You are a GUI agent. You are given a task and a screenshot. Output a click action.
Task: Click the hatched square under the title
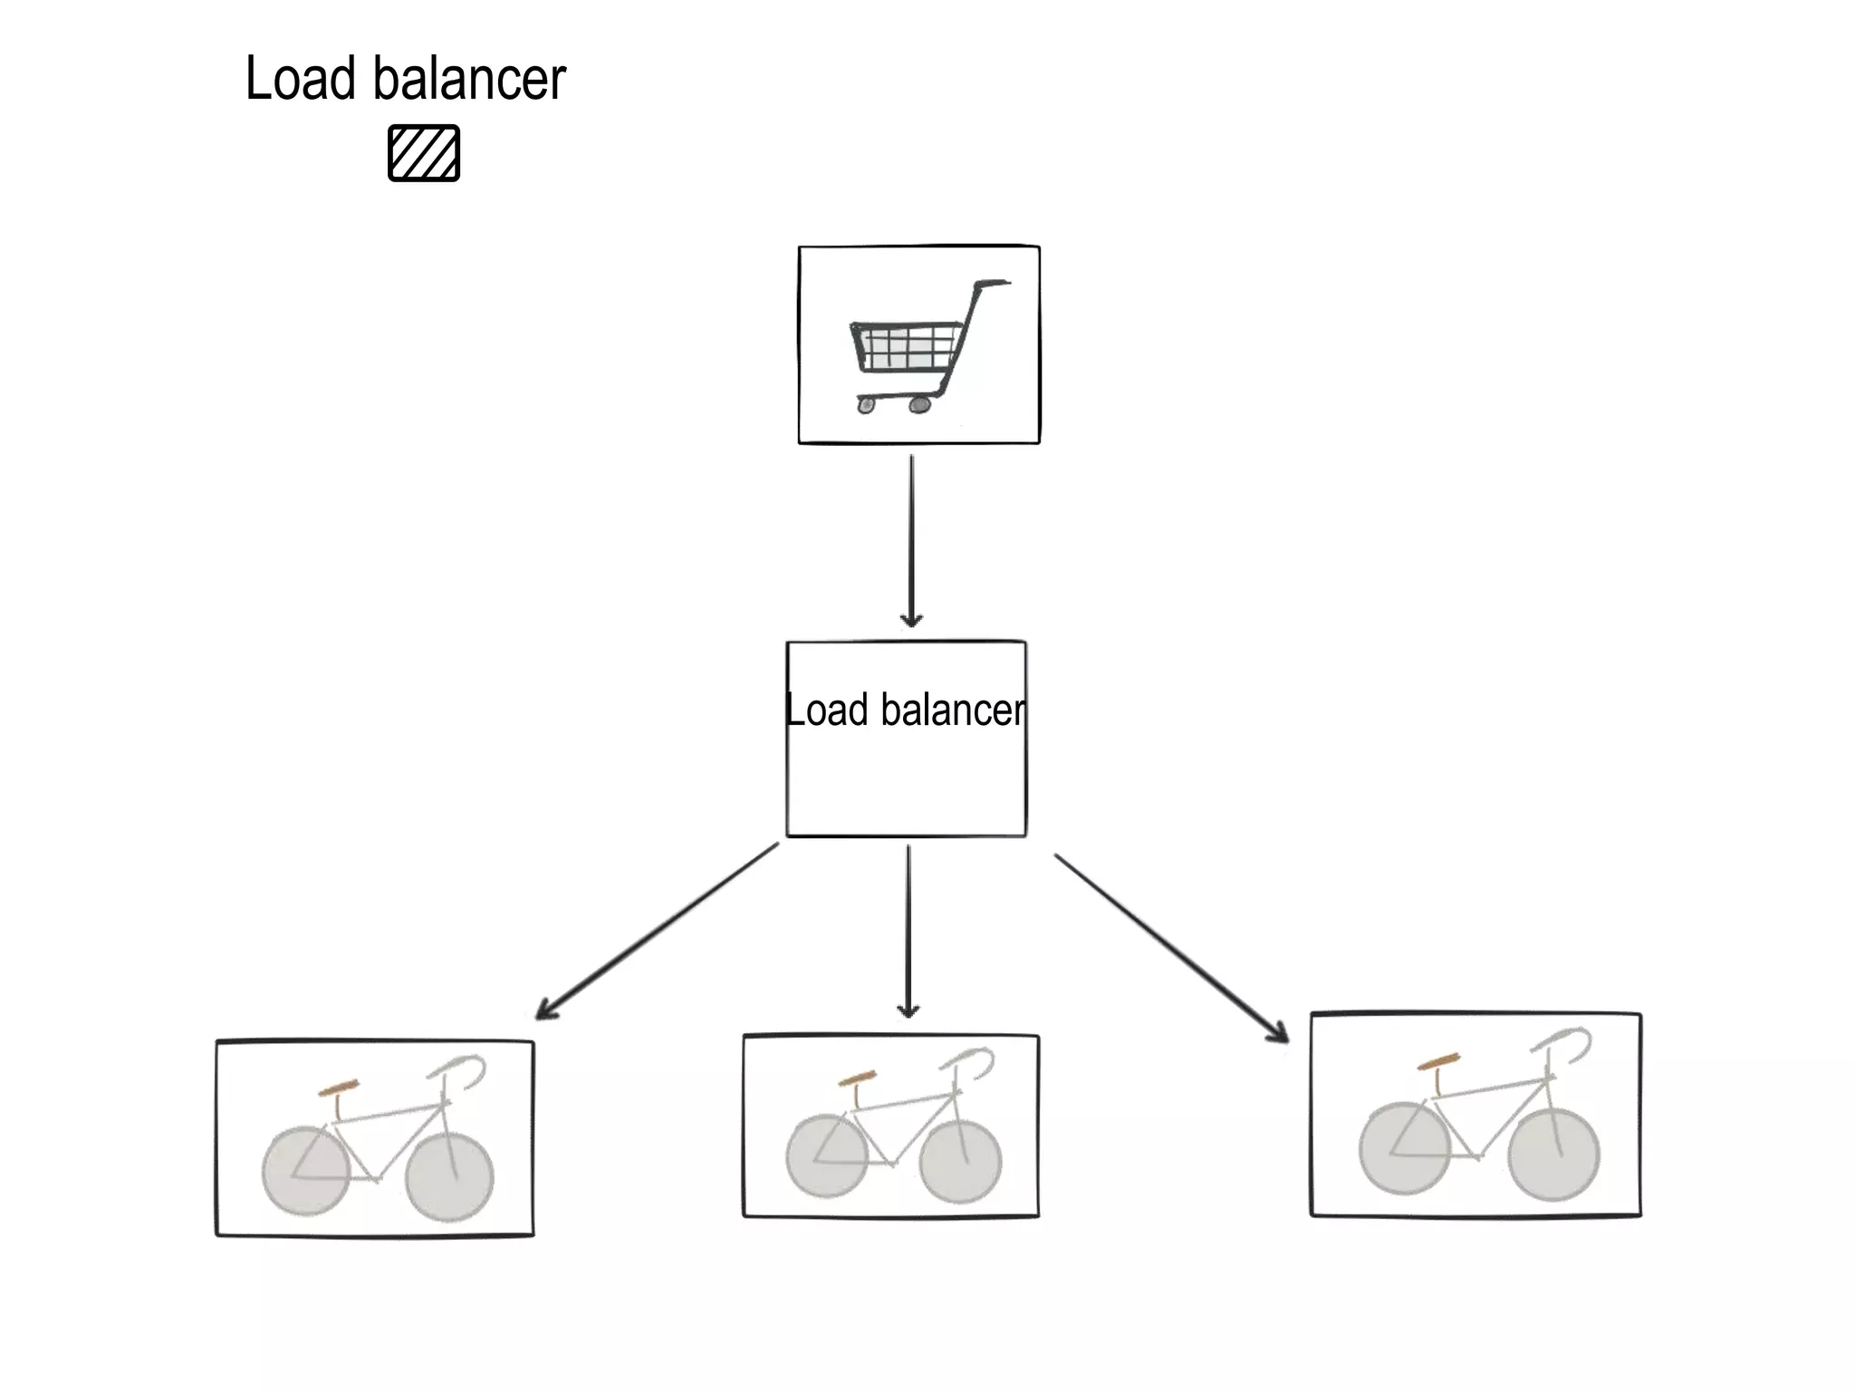424,153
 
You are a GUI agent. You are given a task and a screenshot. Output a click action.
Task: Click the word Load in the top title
300,79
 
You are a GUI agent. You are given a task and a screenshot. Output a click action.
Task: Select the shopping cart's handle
991,285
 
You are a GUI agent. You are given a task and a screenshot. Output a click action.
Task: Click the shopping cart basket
906,348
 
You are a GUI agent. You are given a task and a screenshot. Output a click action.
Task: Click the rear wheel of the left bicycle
305,1170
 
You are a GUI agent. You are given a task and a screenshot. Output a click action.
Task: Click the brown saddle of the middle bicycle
857,1078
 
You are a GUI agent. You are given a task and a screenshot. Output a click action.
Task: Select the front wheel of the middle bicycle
960,1162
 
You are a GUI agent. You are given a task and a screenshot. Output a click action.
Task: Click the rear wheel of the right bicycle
1403,1147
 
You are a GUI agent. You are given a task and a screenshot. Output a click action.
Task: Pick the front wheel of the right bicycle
1554,1155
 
